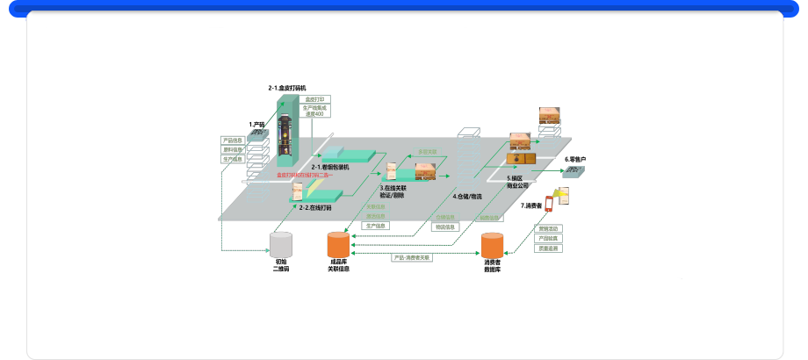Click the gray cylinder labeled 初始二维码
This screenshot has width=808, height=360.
click(281, 245)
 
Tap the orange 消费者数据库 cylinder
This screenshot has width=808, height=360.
click(492, 246)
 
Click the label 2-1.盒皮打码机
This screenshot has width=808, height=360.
click(287, 89)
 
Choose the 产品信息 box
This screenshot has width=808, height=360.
click(233, 140)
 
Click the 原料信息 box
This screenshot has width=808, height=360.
click(233, 150)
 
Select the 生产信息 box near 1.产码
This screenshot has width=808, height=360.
click(233, 160)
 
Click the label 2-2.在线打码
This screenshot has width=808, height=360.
click(314, 207)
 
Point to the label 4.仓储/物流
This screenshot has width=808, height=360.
click(466, 197)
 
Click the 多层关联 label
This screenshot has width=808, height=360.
click(427, 151)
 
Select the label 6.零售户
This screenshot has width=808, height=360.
click(575, 159)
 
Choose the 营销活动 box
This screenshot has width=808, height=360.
click(549, 228)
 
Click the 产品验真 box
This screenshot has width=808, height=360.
click(549, 238)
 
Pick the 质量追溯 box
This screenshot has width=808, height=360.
click(549, 248)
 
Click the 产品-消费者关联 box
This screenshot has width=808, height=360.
click(412, 258)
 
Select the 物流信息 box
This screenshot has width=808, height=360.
click(446, 227)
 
